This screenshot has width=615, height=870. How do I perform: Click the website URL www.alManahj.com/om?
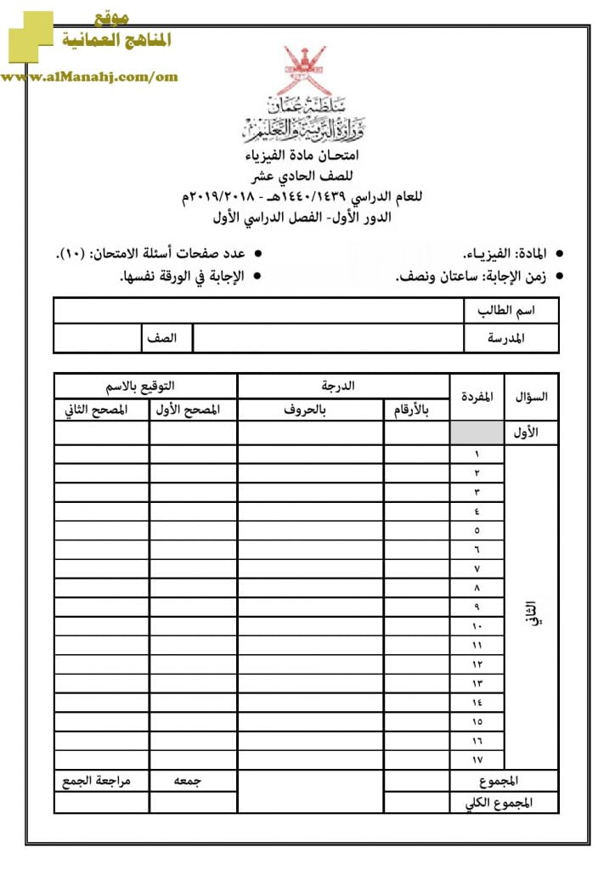click(x=89, y=77)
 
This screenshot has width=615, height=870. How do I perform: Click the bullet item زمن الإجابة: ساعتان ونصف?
click(x=472, y=277)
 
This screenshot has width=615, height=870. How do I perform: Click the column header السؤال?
click(x=532, y=396)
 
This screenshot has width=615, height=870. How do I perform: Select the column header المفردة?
click(x=477, y=396)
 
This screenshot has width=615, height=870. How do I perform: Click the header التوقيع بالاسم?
click(x=145, y=386)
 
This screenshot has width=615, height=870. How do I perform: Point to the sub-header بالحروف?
click(x=310, y=410)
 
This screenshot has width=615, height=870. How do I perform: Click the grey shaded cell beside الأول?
click(x=477, y=432)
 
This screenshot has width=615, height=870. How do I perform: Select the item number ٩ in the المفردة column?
click(x=477, y=607)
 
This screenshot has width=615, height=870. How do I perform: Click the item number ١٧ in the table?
click(x=477, y=759)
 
